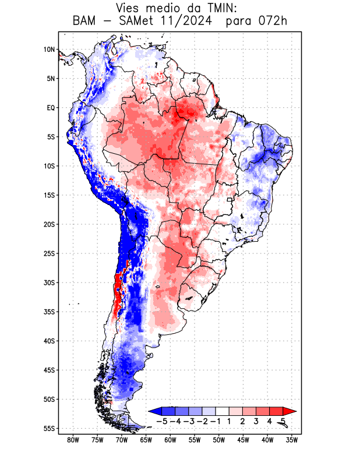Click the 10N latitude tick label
point(50,50)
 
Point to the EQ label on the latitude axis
point(51,108)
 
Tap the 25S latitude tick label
point(49,253)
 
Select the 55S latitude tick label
point(49,428)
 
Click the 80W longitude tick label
point(73,440)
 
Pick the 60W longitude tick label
point(170,440)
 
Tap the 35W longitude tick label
point(292,440)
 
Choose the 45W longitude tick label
point(243,440)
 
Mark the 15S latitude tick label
point(49,195)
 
